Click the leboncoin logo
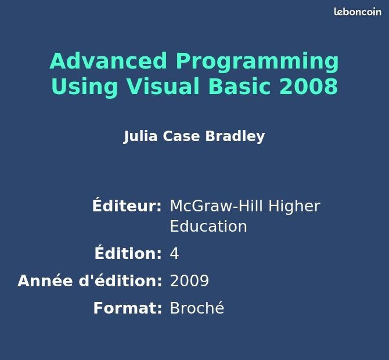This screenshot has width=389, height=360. click(x=358, y=12)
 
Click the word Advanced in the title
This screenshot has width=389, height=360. click(x=109, y=61)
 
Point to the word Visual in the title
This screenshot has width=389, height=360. click(x=163, y=86)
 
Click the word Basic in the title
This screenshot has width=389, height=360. click(x=239, y=86)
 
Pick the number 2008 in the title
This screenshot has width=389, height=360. click(x=309, y=86)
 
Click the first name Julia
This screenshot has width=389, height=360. click(x=141, y=136)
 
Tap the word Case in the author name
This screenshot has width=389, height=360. click(x=181, y=136)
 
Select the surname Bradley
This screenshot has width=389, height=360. click(x=235, y=136)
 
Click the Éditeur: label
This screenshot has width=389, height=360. click(x=127, y=204)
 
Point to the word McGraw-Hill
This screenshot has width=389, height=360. click(x=216, y=206)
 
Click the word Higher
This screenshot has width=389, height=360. click(x=294, y=207)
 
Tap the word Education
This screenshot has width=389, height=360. click(x=208, y=226)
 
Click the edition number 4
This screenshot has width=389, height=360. click(x=174, y=254)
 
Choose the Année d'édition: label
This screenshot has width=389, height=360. click(x=89, y=280)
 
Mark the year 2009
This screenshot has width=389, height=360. click(x=189, y=280)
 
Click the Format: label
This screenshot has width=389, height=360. click(x=128, y=308)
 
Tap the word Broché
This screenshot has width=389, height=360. click(x=197, y=307)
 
